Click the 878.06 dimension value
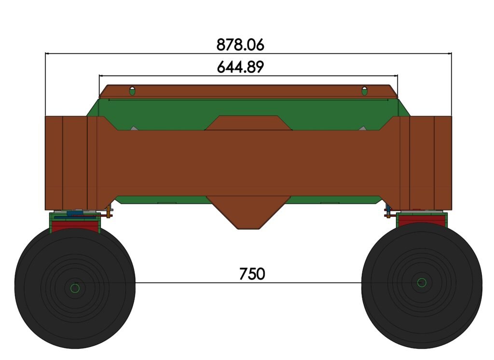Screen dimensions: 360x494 240,45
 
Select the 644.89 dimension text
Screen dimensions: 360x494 240,67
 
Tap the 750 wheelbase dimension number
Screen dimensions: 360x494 252,274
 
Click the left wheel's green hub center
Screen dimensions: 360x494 75,288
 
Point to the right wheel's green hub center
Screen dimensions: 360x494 422,282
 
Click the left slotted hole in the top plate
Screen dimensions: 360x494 132,91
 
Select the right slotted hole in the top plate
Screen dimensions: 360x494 365,91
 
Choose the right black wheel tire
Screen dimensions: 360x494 453,314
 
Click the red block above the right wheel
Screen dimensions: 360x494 421,221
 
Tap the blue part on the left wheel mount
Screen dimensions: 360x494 75,212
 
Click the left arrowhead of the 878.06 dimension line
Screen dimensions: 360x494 47,54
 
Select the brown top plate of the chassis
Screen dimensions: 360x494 248,91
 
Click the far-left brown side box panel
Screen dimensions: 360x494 54,163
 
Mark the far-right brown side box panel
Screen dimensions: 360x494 443,163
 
